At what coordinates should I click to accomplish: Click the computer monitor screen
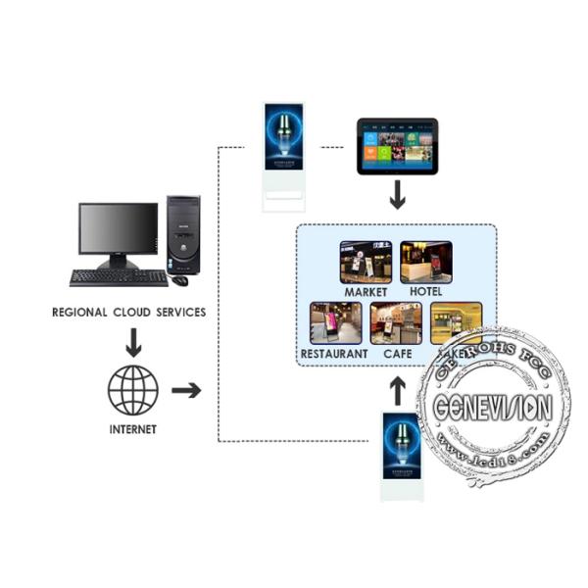pyautogui.click(x=118, y=229)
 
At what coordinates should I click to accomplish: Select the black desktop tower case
pyautogui.click(x=182, y=234)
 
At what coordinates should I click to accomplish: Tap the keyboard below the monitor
pyautogui.click(x=118, y=277)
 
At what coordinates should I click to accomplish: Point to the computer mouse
pyautogui.click(x=179, y=280)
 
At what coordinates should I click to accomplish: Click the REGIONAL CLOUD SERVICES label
pyautogui.click(x=128, y=312)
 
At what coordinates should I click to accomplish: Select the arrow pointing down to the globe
pyautogui.click(x=132, y=342)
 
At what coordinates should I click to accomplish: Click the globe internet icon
pyautogui.click(x=133, y=389)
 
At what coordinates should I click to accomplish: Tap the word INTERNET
pyautogui.click(x=133, y=429)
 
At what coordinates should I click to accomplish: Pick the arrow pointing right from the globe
pyautogui.click(x=185, y=390)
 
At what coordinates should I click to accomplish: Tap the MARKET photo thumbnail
pyautogui.click(x=366, y=262)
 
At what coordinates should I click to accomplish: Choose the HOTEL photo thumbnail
pyautogui.click(x=426, y=262)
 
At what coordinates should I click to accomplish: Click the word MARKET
pyautogui.click(x=366, y=292)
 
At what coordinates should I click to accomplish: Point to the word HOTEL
pyautogui.click(x=426, y=292)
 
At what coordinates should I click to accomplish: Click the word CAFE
pyautogui.click(x=397, y=353)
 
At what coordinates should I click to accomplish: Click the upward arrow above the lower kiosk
pyautogui.click(x=398, y=390)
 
